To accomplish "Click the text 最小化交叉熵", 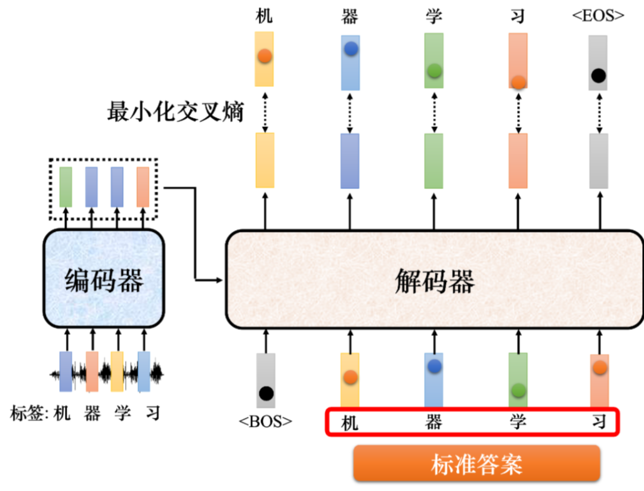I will (x=175, y=111).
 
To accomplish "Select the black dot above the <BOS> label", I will (x=266, y=393).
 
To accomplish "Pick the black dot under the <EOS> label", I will (x=598, y=76).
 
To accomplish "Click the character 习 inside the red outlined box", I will (x=599, y=422).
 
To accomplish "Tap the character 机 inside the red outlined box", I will (x=350, y=423).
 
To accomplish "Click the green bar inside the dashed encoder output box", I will (x=66, y=187).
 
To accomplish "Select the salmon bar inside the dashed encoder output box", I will (x=143, y=187).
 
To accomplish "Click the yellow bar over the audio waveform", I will (x=117, y=371).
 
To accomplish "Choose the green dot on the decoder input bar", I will (x=518, y=390).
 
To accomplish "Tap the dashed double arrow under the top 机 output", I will (x=265, y=111).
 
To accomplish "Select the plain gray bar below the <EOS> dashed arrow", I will (x=598, y=161).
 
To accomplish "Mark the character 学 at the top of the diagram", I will (x=434, y=16).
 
